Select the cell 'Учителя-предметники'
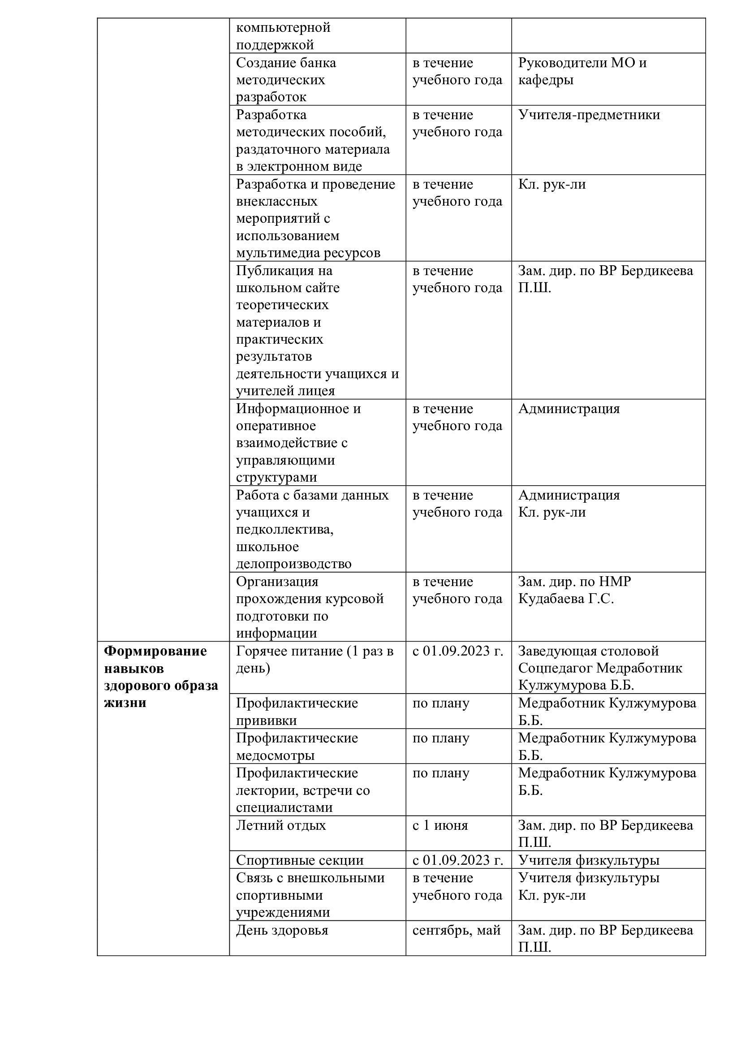coord(589,115)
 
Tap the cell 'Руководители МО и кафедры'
coord(582,71)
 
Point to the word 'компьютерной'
coord(283,27)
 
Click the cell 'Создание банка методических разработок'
coord(286,80)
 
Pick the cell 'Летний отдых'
coord(280,825)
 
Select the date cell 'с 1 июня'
coord(440,825)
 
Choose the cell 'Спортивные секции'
coord(299,860)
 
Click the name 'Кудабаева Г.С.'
coord(566,599)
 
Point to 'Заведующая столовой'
coord(588,651)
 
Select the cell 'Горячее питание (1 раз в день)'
coord(314,660)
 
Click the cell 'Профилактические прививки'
coord(297,712)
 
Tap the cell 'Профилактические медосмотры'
coord(297,746)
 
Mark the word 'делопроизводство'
coord(293,564)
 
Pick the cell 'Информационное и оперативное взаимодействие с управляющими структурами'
coord(298,443)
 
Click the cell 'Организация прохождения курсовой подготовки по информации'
coord(310,607)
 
